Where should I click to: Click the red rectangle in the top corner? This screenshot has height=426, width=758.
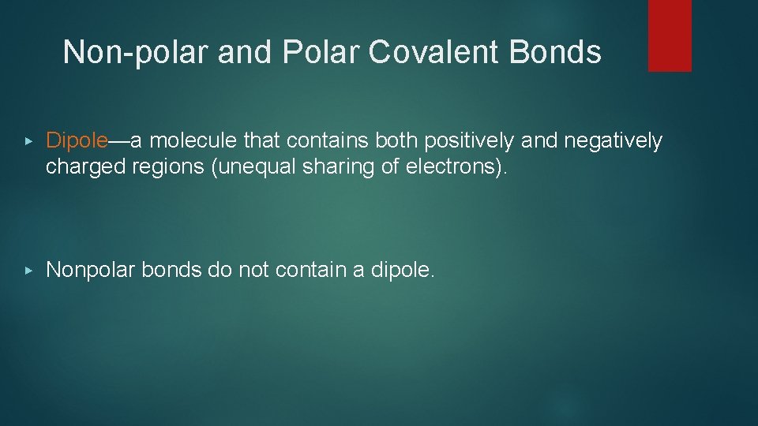670,35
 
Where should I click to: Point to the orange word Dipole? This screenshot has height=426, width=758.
77,140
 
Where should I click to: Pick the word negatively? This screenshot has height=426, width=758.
616,141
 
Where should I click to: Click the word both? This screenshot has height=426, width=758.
397,140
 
